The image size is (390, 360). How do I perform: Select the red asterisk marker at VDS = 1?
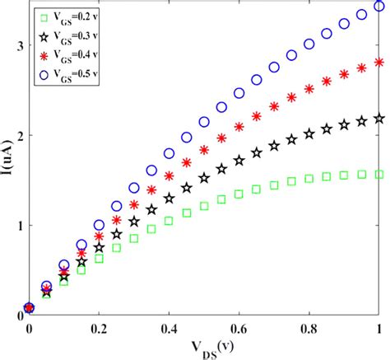[x=379, y=62]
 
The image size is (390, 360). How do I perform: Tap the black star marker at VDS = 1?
[x=379, y=119]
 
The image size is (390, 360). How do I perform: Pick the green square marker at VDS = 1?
[x=379, y=174]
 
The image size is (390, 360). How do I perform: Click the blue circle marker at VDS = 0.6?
[x=239, y=93]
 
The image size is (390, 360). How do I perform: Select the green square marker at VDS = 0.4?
[x=169, y=220]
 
